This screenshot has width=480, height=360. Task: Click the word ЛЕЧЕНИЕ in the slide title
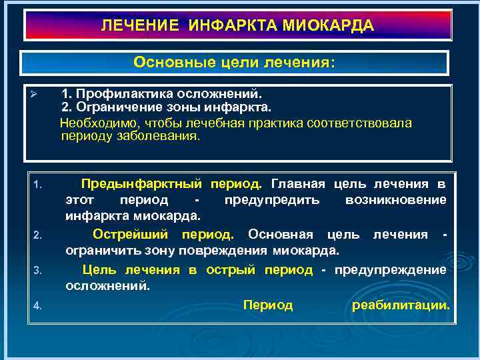[140, 26]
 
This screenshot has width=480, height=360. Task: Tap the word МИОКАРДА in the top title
[329, 26]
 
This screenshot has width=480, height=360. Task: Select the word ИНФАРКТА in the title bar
[233, 26]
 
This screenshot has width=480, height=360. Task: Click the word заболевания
[163, 135]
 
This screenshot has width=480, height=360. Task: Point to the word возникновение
[396, 200]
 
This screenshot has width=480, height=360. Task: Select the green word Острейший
[128, 234]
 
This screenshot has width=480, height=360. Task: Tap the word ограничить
[95, 251]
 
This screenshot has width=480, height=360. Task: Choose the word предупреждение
[390, 269]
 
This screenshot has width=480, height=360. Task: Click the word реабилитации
[401, 305]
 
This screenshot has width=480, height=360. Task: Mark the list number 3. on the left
[38, 270]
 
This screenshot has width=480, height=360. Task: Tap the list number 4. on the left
[38, 305]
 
